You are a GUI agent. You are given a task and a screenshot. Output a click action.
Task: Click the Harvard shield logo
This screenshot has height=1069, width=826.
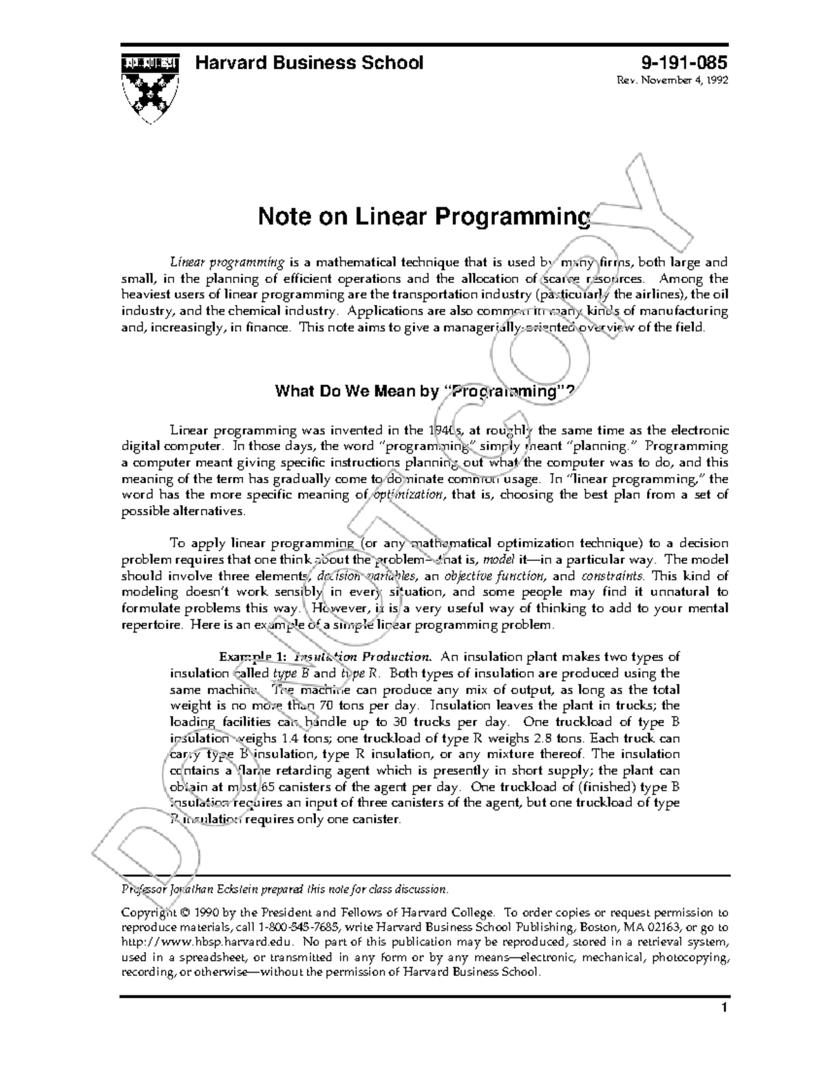click(x=150, y=85)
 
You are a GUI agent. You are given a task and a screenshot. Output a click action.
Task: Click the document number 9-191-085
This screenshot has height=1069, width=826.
click(x=684, y=63)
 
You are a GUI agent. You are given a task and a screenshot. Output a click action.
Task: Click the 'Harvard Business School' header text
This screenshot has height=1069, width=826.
click(x=310, y=63)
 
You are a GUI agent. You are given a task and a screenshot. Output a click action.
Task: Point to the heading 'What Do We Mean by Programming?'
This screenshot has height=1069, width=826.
click(x=423, y=392)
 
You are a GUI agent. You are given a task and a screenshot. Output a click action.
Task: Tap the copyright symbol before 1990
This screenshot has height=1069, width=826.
click(x=183, y=913)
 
